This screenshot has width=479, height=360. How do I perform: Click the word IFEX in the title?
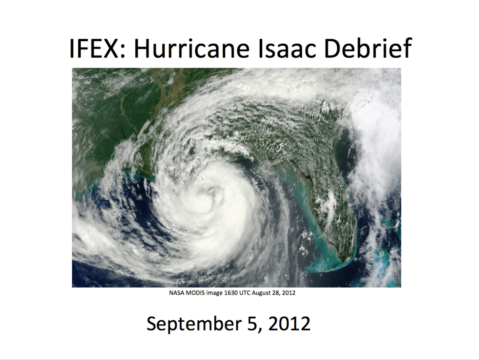[x=93, y=48]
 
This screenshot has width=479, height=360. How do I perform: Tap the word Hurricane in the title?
[x=192, y=48]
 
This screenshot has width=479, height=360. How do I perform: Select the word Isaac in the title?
[x=286, y=48]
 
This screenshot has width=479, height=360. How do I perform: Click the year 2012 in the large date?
[x=290, y=323]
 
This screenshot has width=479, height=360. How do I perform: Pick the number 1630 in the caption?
[x=231, y=293]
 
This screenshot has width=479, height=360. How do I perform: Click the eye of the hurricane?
[x=211, y=192]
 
